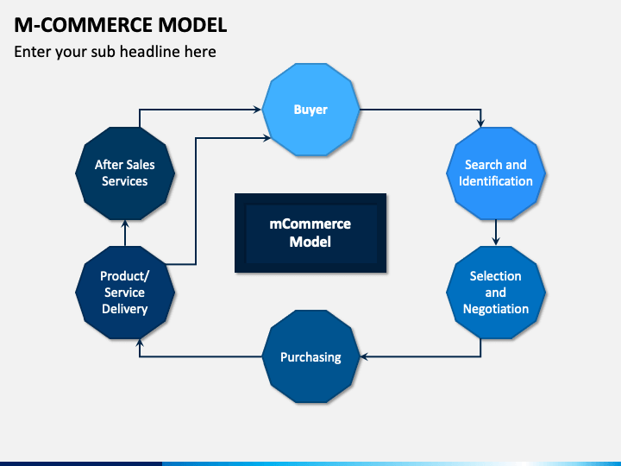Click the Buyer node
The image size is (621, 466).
[x=310, y=110]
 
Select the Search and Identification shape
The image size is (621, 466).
[x=495, y=173]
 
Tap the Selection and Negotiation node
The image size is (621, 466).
[x=495, y=293]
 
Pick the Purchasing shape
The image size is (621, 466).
[x=310, y=356]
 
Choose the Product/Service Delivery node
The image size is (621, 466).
[x=125, y=293]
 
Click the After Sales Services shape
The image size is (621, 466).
[x=125, y=173]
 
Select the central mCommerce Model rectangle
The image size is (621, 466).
[x=310, y=233]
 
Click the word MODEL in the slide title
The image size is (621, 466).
[x=192, y=25]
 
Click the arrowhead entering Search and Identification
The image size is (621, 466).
[x=480, y=123]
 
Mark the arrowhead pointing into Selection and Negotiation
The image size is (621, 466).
[x=495, y=241]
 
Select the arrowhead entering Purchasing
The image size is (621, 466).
[x=365, y=356]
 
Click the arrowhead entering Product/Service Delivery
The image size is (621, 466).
[x=140, y=343]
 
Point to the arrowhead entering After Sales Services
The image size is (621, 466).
[x=125, y=224]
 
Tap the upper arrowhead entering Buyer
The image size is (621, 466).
[x=257, y=110]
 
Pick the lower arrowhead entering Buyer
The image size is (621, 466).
[x=267, y=138]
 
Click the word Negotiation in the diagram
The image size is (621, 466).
[x=496, y=309]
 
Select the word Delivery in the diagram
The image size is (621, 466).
[x=125, y=309]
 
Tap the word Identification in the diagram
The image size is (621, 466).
[x=496, y=181]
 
